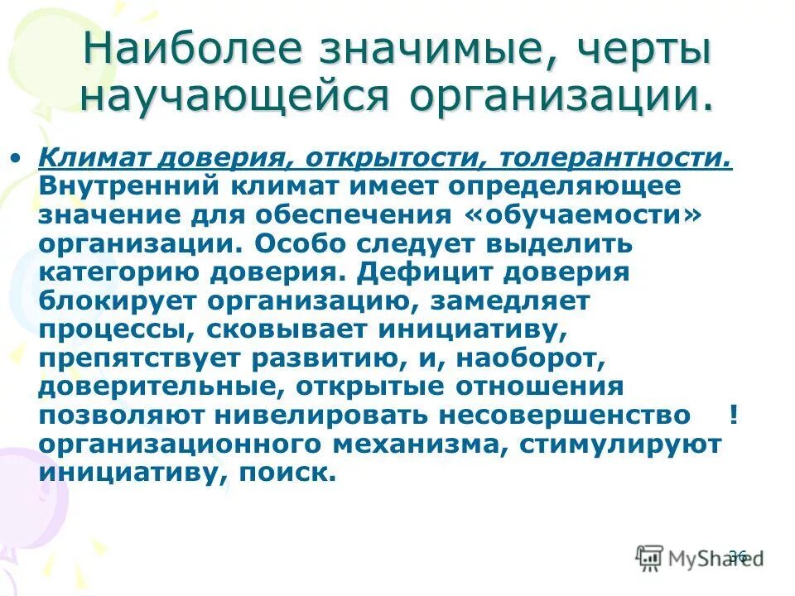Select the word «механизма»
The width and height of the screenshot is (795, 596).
tap(420, 445)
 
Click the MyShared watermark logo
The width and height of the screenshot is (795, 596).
tap(696, 557)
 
